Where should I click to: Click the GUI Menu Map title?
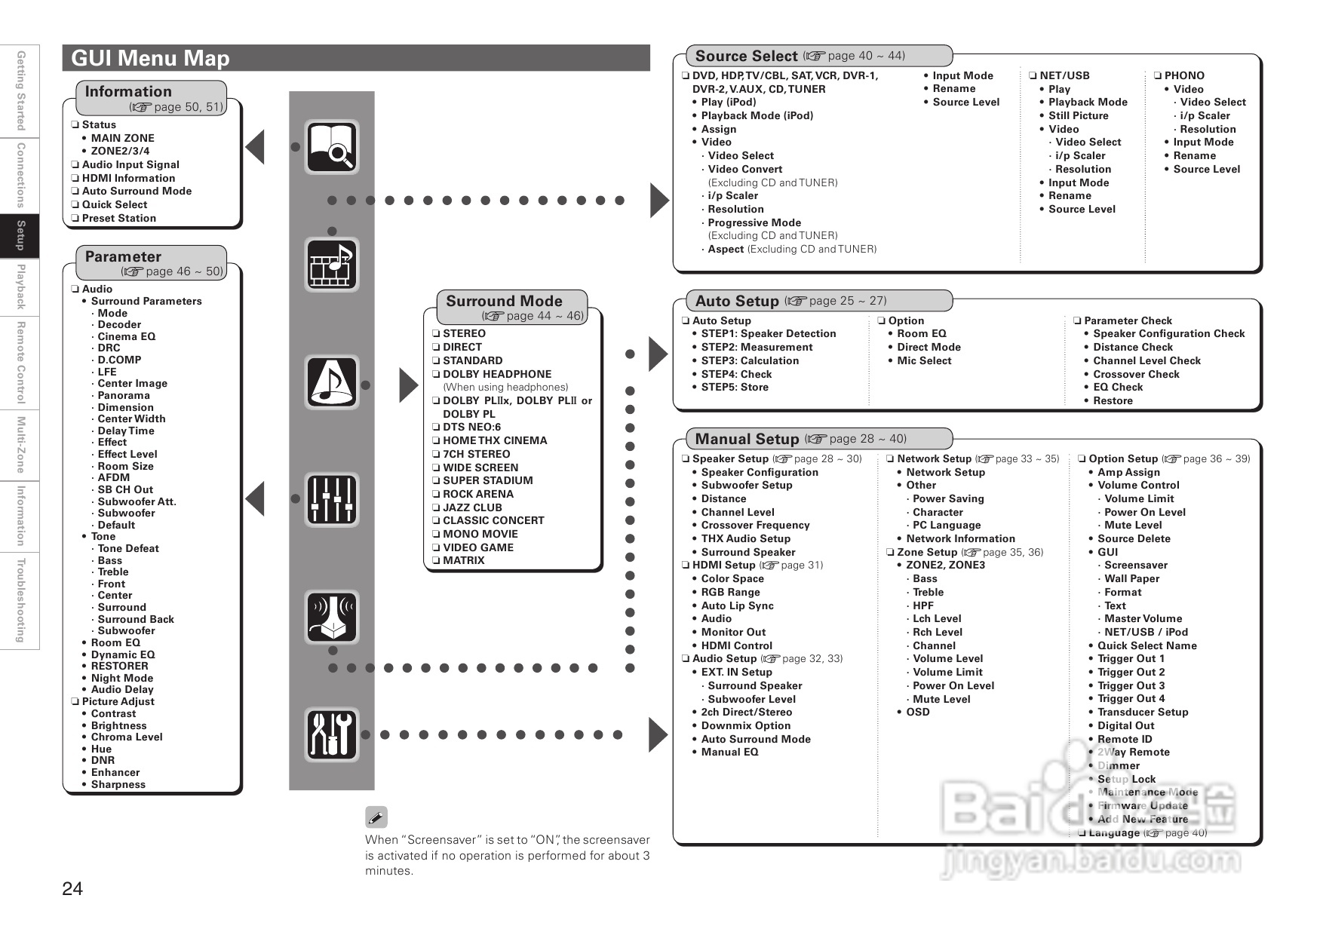[150, 58]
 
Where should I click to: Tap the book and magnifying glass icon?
[331, 146]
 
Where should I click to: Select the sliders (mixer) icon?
[331, 500]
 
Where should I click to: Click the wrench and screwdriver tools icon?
[331, 734]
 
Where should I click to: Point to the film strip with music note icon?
[331, 264]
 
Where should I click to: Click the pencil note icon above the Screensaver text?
[376, 817]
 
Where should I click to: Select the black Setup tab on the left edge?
[20, 236]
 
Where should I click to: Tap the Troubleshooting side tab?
[20, 600]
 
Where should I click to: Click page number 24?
[72, 888]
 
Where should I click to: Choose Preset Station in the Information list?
[118, 218]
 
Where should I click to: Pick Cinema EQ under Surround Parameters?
[126, 336]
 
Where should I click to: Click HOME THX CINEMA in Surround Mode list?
[495, 440]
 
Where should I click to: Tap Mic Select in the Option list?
[924, 360]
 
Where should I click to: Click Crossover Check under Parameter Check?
[1136, 374]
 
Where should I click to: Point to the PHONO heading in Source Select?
[1184, 75]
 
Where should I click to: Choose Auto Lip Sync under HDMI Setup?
[737, 605]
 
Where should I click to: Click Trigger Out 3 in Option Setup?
[1131, 685]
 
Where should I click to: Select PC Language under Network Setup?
[947, 525]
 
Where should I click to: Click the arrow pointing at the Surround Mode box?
[408, 386]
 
